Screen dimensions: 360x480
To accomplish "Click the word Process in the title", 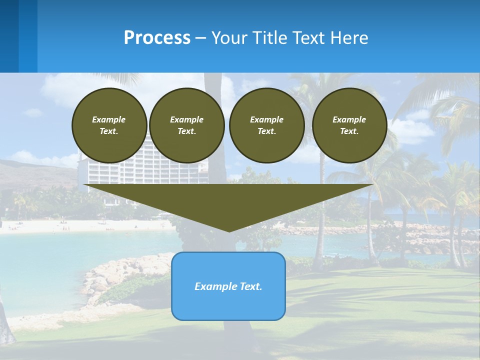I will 157,38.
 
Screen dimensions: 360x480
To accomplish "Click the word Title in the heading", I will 268,38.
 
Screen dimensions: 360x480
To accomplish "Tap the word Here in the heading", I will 348,38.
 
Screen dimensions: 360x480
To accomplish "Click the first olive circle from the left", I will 109,125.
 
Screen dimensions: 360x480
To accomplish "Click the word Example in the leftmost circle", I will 109,119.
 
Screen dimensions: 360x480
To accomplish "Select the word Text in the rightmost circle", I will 349,131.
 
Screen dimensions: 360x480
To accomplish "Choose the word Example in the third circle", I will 266,119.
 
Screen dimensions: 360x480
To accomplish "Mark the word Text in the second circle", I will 186,131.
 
